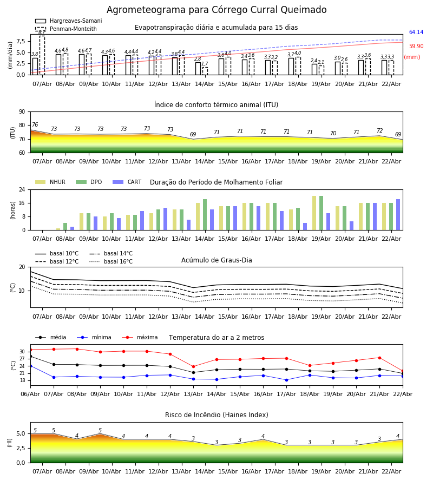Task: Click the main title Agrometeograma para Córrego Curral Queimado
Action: point(216,10)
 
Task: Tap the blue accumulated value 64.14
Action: point(416,32)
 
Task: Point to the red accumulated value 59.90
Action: point(416,47)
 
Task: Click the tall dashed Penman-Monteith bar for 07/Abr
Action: point(42,55)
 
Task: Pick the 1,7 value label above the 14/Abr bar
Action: point(205,64)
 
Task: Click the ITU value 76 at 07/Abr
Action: point(35,125)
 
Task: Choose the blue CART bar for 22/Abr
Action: point(398,215)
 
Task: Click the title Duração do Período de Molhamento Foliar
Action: point(216,182)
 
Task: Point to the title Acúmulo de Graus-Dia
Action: point(216,260)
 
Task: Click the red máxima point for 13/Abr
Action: point(193,366)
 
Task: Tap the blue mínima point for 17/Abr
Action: point(286,380)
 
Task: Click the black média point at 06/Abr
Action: point(30,356)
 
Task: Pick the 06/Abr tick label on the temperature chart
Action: point(30,393)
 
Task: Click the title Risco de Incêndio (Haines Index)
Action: point(216,415)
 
